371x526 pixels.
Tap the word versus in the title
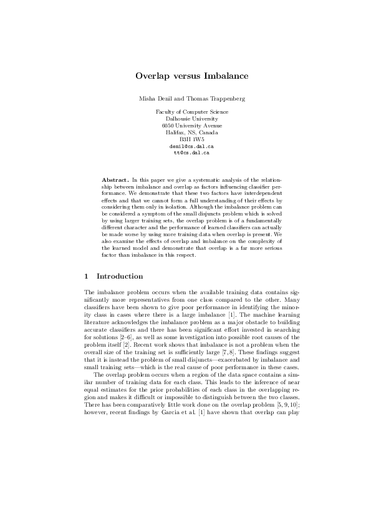coord(186,76)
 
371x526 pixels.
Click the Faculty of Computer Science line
coord(191,112)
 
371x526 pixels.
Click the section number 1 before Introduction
coord(85,276)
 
